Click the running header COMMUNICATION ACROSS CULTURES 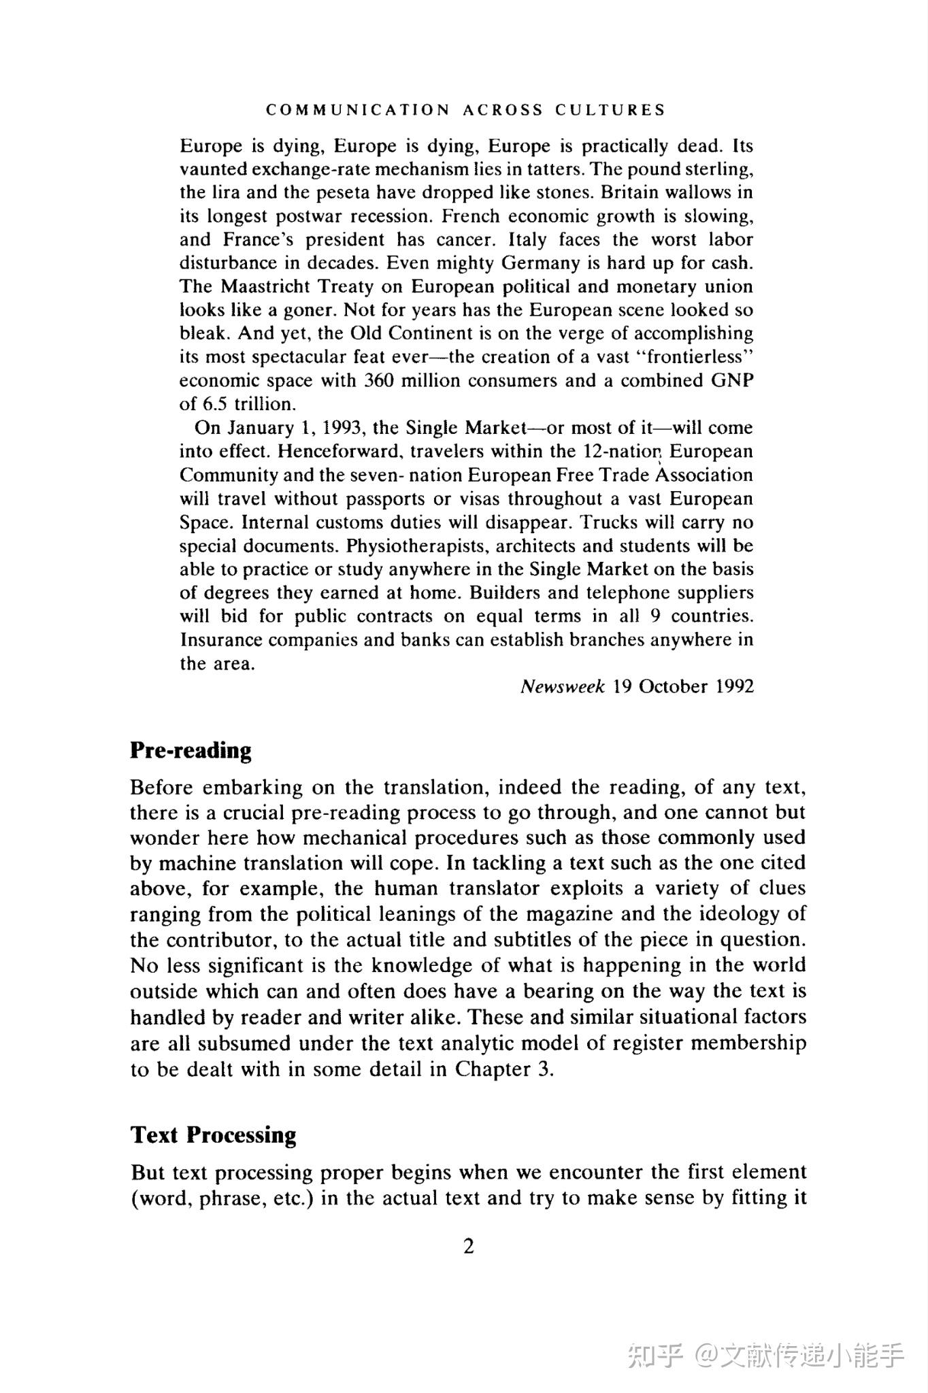(465, 110)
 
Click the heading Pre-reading (190, 750)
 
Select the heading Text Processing (213, 1135)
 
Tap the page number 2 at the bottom (468, 1246)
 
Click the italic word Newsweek (562, 686)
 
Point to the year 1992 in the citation (735, 686)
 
